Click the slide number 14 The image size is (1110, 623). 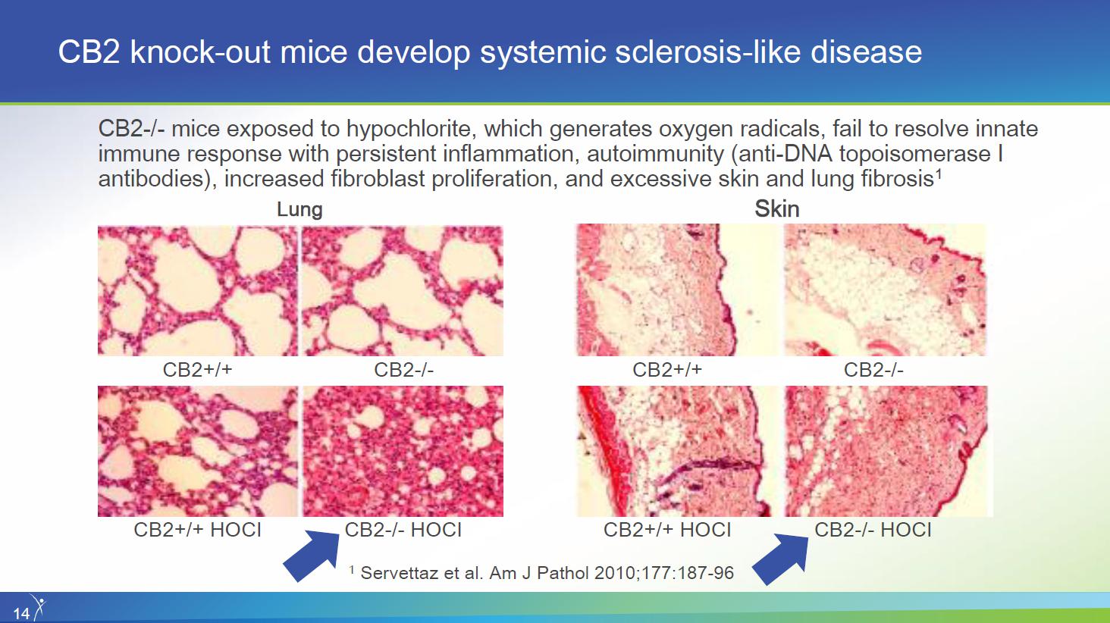(21, 614)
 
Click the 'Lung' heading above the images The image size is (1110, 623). (299, 209)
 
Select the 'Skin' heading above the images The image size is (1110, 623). (777, 209)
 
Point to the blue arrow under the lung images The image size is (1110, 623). (312, 556)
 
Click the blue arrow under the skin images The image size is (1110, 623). (780, 559)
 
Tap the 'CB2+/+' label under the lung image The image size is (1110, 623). (197, 370)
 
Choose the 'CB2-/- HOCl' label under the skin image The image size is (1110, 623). (873, 530)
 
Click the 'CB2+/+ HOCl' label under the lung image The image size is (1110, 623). (197, 530)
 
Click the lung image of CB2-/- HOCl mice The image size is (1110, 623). (403, 451)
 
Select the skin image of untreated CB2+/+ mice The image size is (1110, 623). (677, 290)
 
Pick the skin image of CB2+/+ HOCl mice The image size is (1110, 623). (677, 451)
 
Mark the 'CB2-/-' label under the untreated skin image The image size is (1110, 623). (873, 370)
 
